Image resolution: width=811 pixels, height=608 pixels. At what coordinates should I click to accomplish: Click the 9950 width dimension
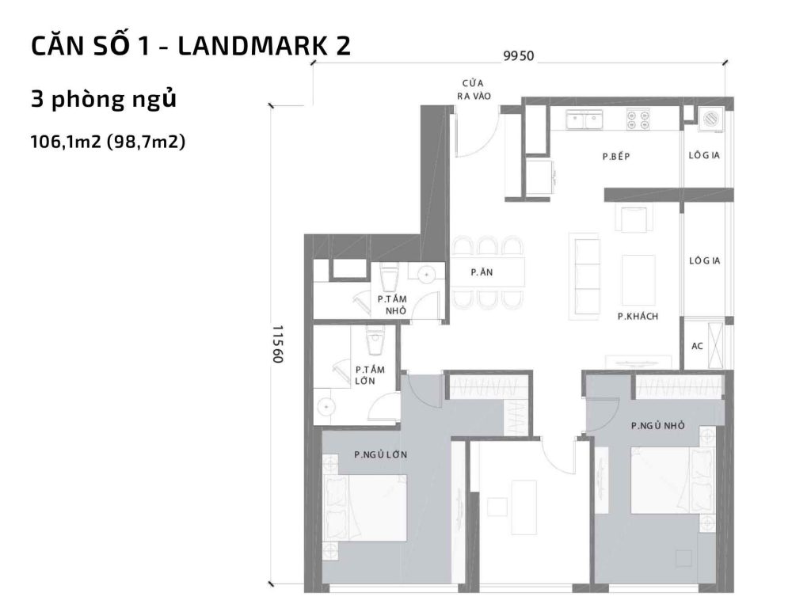coord(520,55)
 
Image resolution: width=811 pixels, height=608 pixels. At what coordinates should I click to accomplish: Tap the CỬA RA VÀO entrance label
coord(474,89)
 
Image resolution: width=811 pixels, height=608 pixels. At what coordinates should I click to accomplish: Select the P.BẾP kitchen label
coord(615,157)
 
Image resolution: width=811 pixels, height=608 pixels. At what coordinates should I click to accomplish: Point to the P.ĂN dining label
coord(482,272)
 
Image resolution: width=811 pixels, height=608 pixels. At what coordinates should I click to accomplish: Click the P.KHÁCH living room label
coord(639,317)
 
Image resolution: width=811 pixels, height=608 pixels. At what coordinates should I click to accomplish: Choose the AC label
coord(698,345)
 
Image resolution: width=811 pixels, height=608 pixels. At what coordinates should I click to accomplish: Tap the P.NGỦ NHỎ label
coord(657,426)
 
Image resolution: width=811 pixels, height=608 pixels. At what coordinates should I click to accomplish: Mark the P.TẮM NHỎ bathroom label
coord(391,305)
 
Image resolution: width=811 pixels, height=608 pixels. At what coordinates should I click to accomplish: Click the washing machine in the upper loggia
coord(710,120)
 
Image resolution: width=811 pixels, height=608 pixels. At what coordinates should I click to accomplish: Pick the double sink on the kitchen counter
coord(585,120)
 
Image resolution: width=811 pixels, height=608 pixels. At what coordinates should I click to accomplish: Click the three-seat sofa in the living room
coord(587,272)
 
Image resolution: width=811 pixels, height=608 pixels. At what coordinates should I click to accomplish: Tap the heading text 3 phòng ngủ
coord(102,101)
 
